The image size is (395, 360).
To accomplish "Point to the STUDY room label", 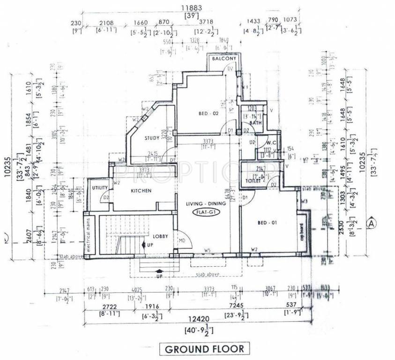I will click(x=152, y=138).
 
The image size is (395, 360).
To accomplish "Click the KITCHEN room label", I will click(x=141, y=191).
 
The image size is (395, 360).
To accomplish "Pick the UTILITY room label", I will click(x=100, y=188).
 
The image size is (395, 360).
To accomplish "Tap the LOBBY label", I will click(x=160, y=236).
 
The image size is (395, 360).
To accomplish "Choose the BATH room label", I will click(x=255, y=123).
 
